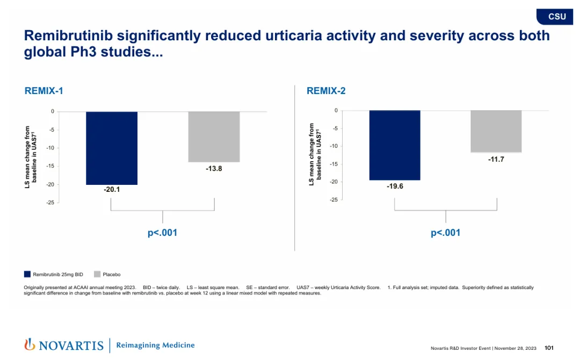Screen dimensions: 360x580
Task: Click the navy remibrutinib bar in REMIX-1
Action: click(x=112, y=148)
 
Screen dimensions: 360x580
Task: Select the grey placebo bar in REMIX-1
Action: click(x=214, y=136)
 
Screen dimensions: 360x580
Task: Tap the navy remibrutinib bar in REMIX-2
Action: click(x=395, y=145)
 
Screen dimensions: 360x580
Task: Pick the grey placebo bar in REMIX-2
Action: click(x=496, y=131)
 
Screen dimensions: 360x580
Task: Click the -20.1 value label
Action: click(x=112, y=190)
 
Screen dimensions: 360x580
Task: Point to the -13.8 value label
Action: click(x=214, y=169)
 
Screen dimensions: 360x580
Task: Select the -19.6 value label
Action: click(x=395, y=186)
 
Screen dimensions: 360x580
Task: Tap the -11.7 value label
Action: click(x=496, y=160)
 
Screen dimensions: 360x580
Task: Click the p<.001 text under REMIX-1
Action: click(x=162, y=233)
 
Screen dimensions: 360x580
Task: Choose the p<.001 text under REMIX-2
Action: click(x=445, y=233)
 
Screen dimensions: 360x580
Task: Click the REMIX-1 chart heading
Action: click(x=44, y=91)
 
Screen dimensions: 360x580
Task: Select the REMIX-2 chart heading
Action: click(x=326, y=91)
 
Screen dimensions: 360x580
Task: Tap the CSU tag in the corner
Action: click(x=557, y=17)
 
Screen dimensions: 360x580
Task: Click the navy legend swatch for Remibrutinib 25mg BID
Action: click(x=27, y=274)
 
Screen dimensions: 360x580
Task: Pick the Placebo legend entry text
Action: click(x=111, y=275)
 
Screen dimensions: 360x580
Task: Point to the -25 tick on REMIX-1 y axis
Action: click(x=49, y=203)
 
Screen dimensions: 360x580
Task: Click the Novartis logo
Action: click(x=64, y=345)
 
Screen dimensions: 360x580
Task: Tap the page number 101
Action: click(x=549, y=348)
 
